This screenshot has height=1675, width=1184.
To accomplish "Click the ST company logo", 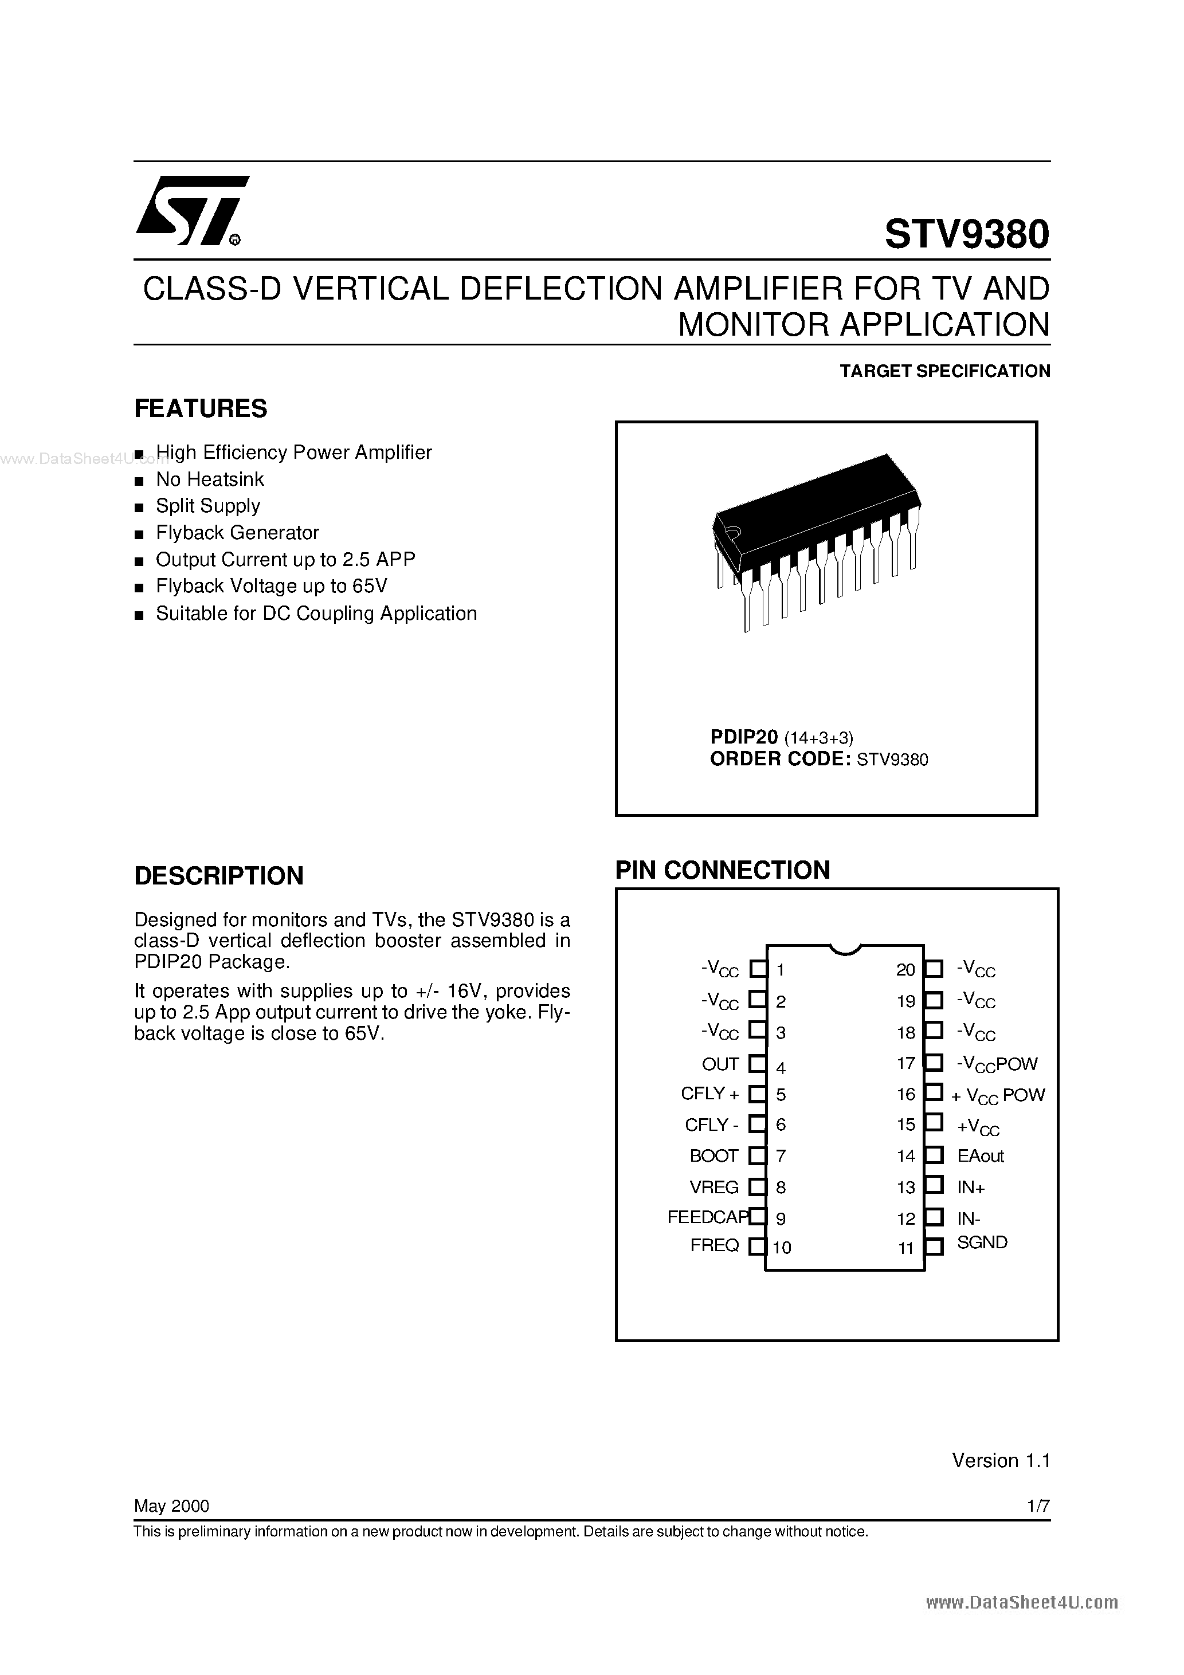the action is [191, 211].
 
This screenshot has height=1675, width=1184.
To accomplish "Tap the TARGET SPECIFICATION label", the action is [944, 371].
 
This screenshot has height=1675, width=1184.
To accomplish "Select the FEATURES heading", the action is [201, 408].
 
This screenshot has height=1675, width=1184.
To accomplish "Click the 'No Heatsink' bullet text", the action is [210, 479].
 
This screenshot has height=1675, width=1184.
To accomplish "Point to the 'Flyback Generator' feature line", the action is [237, 533].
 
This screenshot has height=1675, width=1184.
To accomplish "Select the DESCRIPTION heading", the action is [218, 875].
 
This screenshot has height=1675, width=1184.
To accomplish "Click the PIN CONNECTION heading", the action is [722, 870].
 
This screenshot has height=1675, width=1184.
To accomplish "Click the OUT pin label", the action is [720, 1064].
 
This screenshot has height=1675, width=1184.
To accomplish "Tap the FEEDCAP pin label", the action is [707, 1217].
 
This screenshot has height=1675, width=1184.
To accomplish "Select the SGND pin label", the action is [982, 1243].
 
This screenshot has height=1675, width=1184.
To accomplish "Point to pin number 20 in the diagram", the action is [905, 970].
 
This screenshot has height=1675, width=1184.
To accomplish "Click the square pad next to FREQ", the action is [758, 1246].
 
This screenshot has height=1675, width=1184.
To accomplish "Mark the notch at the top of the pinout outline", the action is [845, 949].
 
